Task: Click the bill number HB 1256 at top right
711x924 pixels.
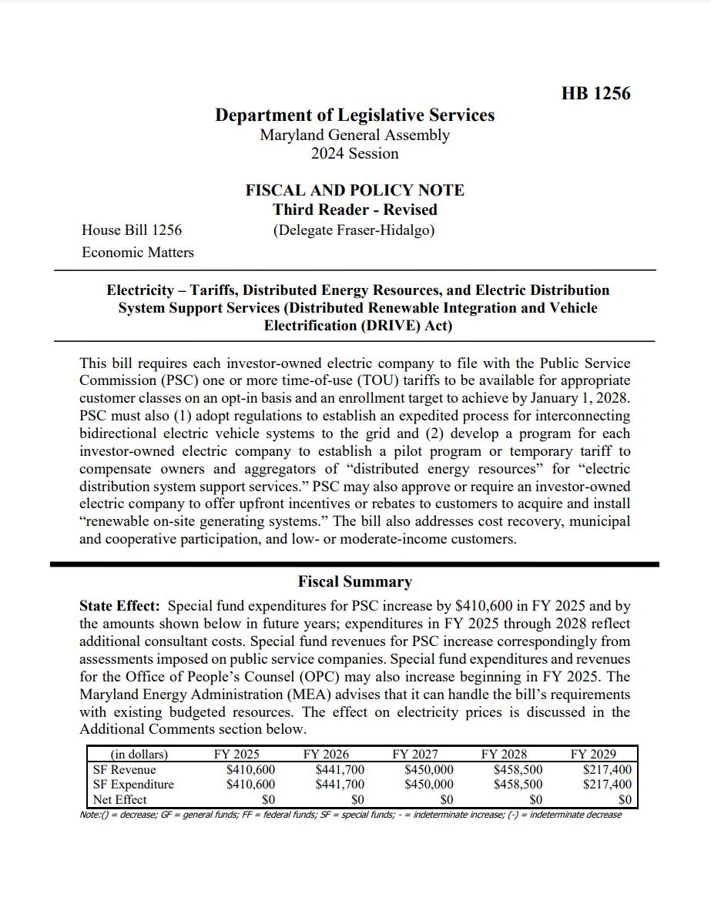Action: pyautogui.click(x=595, y=94)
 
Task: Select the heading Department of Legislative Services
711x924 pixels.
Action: pyautogui.click(x=354, y=115)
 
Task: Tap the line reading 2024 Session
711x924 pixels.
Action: pyautogui.click(x=354, y=153)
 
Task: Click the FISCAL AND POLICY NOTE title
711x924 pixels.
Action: pyautogui.click(x=354, y=190)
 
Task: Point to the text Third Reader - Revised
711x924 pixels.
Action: pyautogui.click(x=354, y=209)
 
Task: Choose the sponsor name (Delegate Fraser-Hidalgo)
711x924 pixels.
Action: pyautogui.click(x=354, y=229)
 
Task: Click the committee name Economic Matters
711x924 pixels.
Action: pyautogui.click(x=138, y=252)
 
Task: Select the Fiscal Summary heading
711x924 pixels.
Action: pyautogui.click(x=354, y=581)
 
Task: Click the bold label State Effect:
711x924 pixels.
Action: pyautogui.click(x=119, y=606)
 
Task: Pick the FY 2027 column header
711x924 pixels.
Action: pyautogui.click(x=414, y=755)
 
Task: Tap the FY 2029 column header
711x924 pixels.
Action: pyautogui.click(x=593, y=755)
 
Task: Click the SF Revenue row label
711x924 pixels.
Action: pyautogui.click(x=124, y=769)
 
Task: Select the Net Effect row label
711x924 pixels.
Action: pyautogui.click(x=119, y=799)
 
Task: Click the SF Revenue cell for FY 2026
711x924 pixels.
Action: pyautogui.click(x=340, y=769)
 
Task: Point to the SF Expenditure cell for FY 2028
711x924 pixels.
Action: pyautogui.click(x=518, y=784)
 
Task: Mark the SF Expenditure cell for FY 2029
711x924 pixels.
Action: pyautogui.click(x=607, y=784)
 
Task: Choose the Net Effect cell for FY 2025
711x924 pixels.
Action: pyautogui.click(x=268, y=799)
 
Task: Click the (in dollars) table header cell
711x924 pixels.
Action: pyautogui.click(x=139, y=755)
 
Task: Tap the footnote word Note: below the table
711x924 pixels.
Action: pyautogui.click(x=89, y=815)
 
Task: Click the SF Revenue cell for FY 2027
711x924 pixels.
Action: pyautogui.click(x=429, y=769)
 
